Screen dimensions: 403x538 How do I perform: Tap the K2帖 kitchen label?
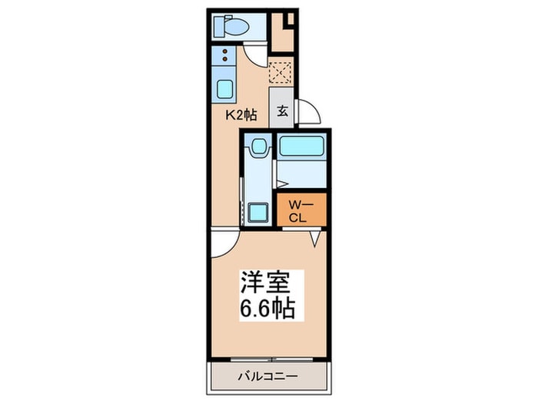(241, 114)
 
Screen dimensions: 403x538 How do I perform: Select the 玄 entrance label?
(282, 111)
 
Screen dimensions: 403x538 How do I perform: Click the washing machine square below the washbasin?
(257, 212)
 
